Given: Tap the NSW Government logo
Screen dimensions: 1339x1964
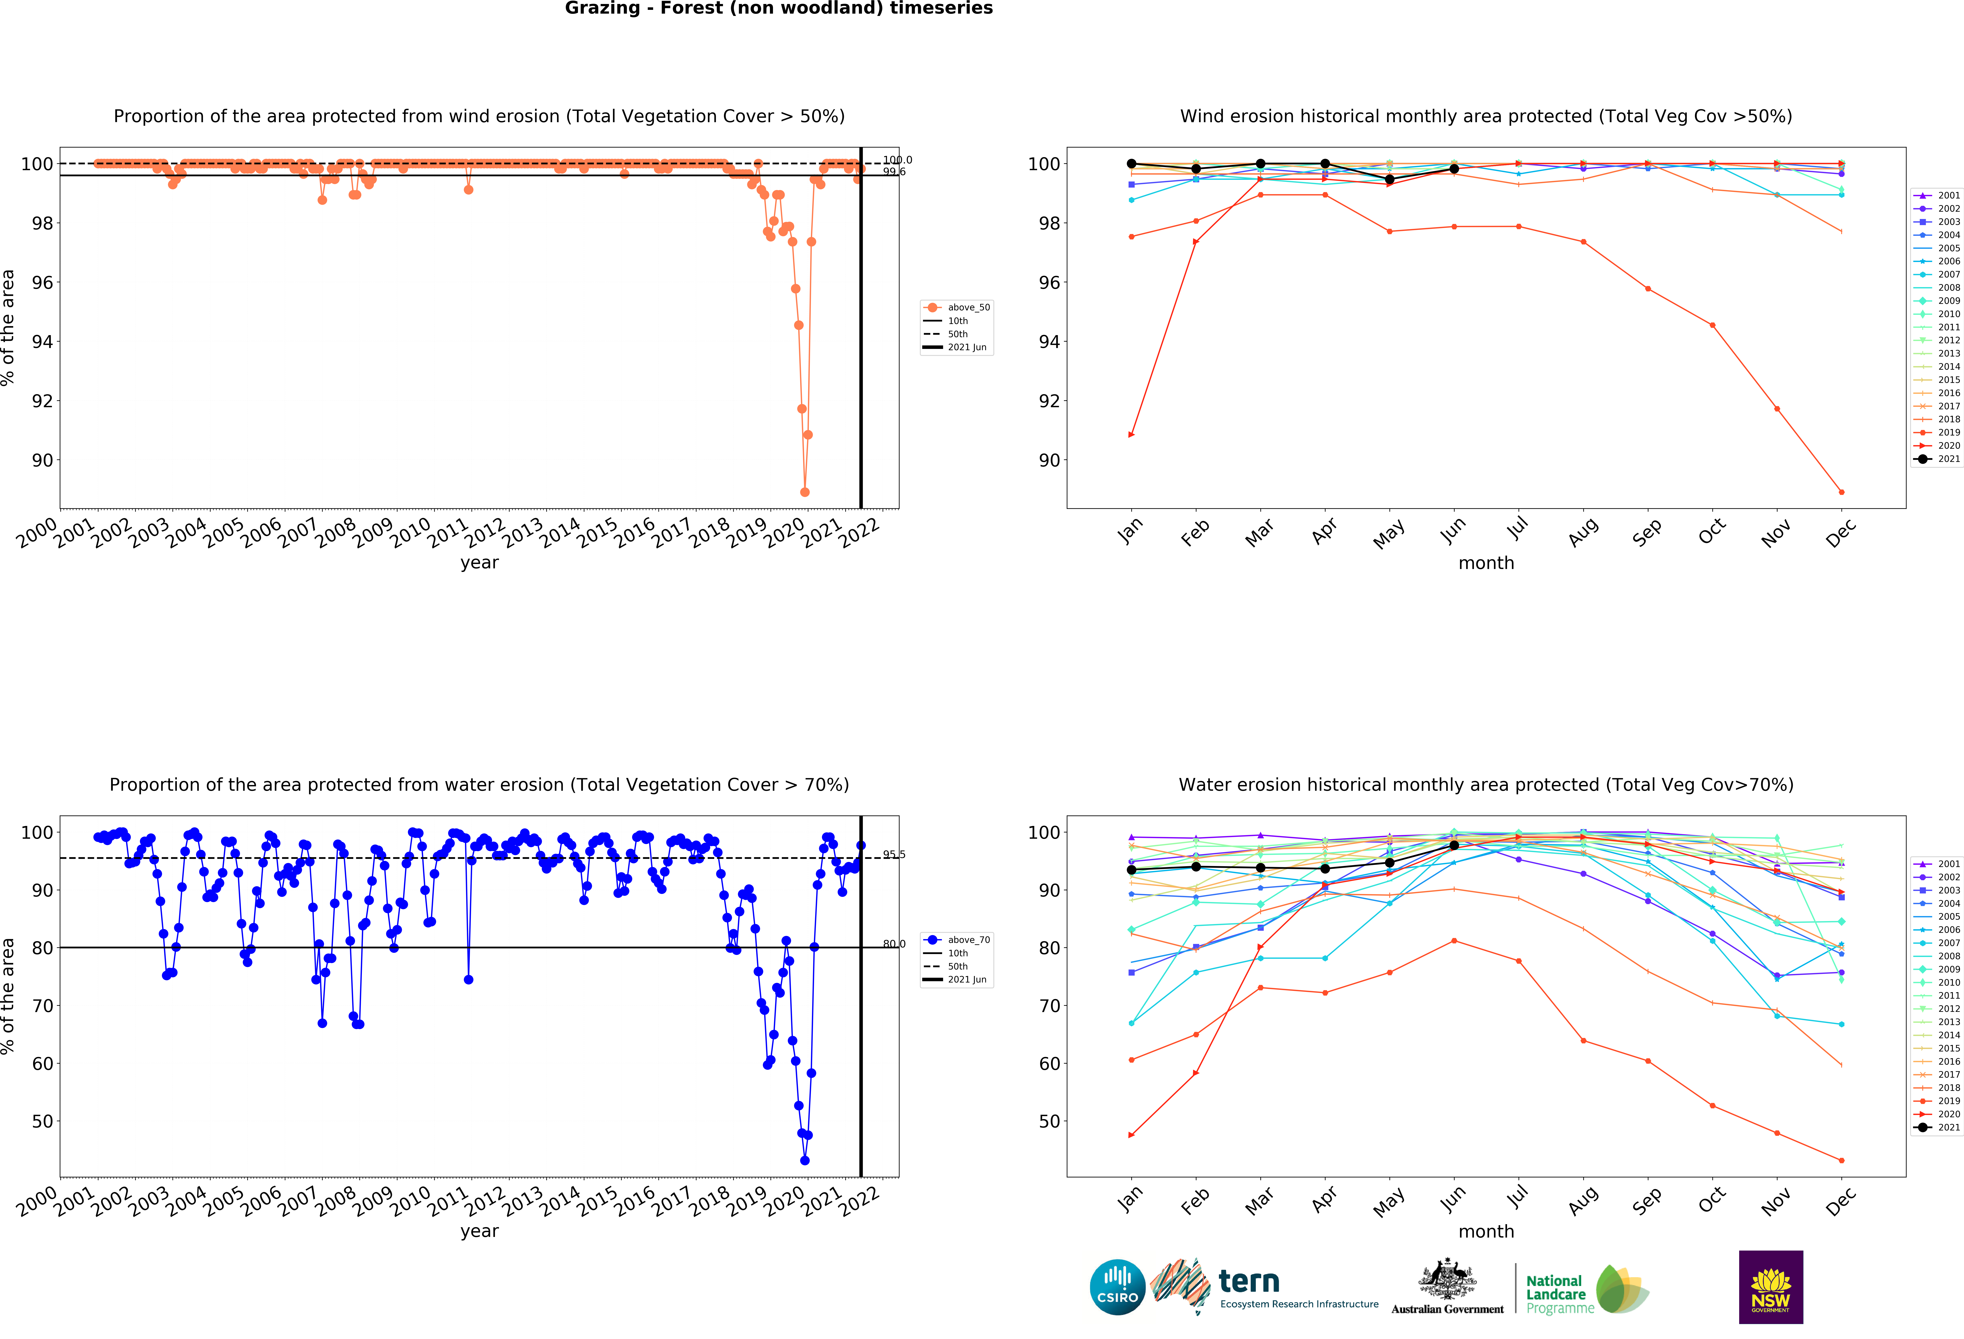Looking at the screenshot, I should pyautogui.click(x=1770, y=1287).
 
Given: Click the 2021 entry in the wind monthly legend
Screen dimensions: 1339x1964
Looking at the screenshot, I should pyautogui.click(x=1942, y=459).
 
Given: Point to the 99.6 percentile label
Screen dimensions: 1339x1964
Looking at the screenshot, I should pyautogui.click(x=894, y=172).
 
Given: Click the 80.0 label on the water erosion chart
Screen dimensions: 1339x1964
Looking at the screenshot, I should pyautogui.click(x=894, y=944).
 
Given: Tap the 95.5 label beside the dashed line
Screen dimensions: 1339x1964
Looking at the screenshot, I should pyautogui.click(x=894, y=855).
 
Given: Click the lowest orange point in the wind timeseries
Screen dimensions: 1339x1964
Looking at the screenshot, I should pyautogui.click(x=805, y=492).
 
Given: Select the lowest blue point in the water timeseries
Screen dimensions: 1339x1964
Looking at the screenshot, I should pyautogui.click(x=805, y=1161).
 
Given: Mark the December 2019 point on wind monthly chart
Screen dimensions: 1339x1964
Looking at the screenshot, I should pyautogui.click(x=1841, y=492).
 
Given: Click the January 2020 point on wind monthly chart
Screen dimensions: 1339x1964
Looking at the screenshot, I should pyautogui.click(x=1132, y=434).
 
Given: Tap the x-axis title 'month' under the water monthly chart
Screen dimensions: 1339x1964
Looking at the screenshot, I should pyautogui.click(x=1486, y=1232).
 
